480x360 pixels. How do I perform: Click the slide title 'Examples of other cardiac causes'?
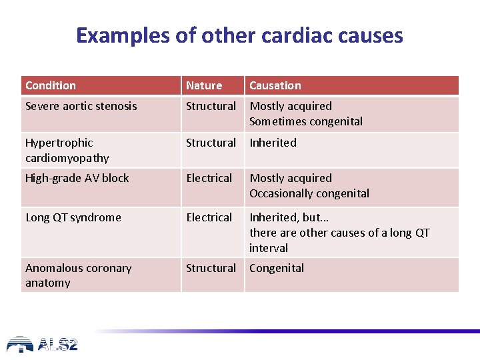239,35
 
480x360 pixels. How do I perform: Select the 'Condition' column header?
51,85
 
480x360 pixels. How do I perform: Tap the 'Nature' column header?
204,85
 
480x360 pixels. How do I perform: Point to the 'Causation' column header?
275,85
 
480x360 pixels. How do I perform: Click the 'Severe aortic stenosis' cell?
81,106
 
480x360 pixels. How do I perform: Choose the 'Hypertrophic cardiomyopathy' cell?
67,150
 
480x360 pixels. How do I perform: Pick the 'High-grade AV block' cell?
77,178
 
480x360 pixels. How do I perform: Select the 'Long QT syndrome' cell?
73,217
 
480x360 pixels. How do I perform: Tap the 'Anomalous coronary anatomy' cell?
78,275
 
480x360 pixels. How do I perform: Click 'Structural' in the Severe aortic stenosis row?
211,106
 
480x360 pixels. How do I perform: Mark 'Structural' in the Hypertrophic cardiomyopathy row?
211,143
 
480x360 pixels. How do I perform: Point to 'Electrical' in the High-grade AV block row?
209,178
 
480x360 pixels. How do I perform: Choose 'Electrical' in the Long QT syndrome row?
209,217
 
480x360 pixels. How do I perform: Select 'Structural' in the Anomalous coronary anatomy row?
211,268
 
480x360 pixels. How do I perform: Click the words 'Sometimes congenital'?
306,121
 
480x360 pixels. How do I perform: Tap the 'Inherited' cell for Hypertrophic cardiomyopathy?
273,143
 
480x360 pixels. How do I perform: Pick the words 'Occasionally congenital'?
309,193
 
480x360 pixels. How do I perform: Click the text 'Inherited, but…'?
289,217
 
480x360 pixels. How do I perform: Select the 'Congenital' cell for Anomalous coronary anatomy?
277,268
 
